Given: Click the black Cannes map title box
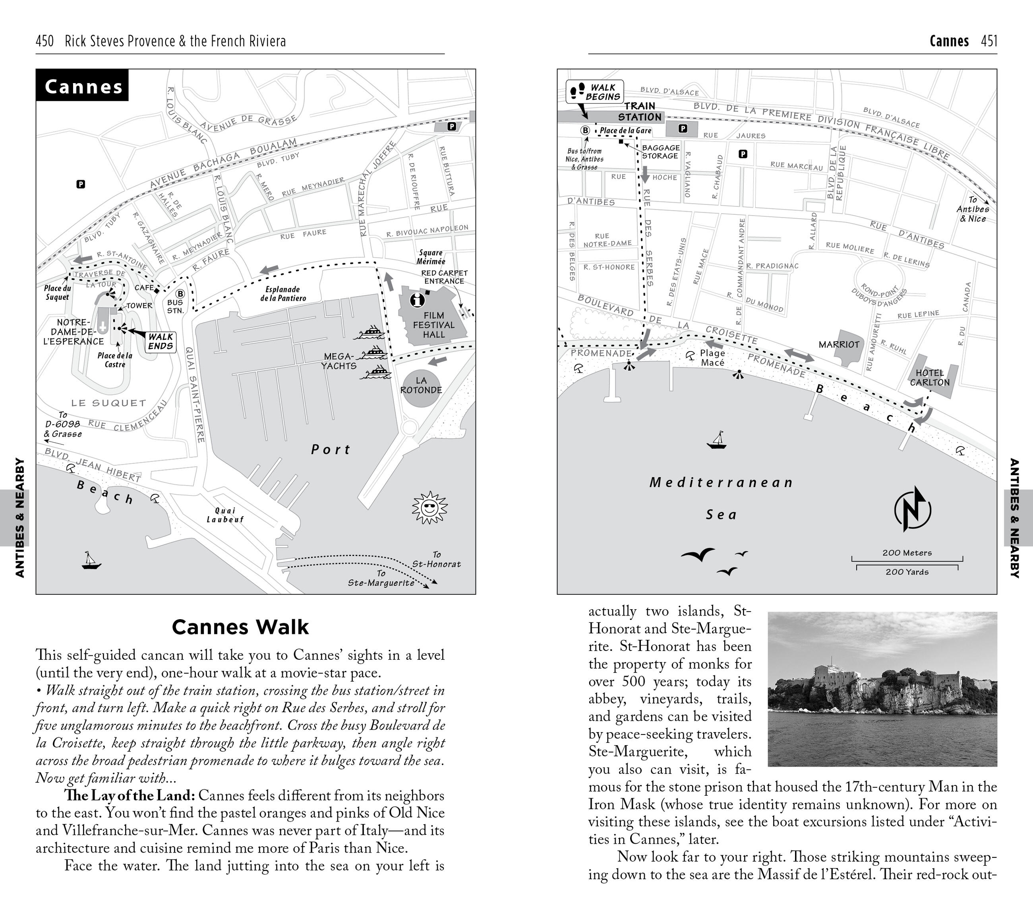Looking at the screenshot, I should [x=82, y=85].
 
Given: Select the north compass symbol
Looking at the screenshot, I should [x=912, y=509].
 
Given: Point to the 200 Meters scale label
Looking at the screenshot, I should [x=907, y=553].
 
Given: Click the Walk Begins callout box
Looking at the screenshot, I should [x=595, y=92].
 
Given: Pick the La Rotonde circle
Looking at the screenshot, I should [x=421, y=385].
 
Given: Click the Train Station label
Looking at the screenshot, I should [x=639, y=112].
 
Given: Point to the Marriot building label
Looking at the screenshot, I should [x=839, y=344].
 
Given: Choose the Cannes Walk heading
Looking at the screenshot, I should [x=240, y=627].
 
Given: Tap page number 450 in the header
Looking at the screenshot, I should [x=45, y=41].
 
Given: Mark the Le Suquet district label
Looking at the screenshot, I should [x=108, y=403].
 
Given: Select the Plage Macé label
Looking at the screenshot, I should [x=712, y=357].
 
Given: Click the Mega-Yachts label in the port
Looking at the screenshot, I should [x=339, y=361].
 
